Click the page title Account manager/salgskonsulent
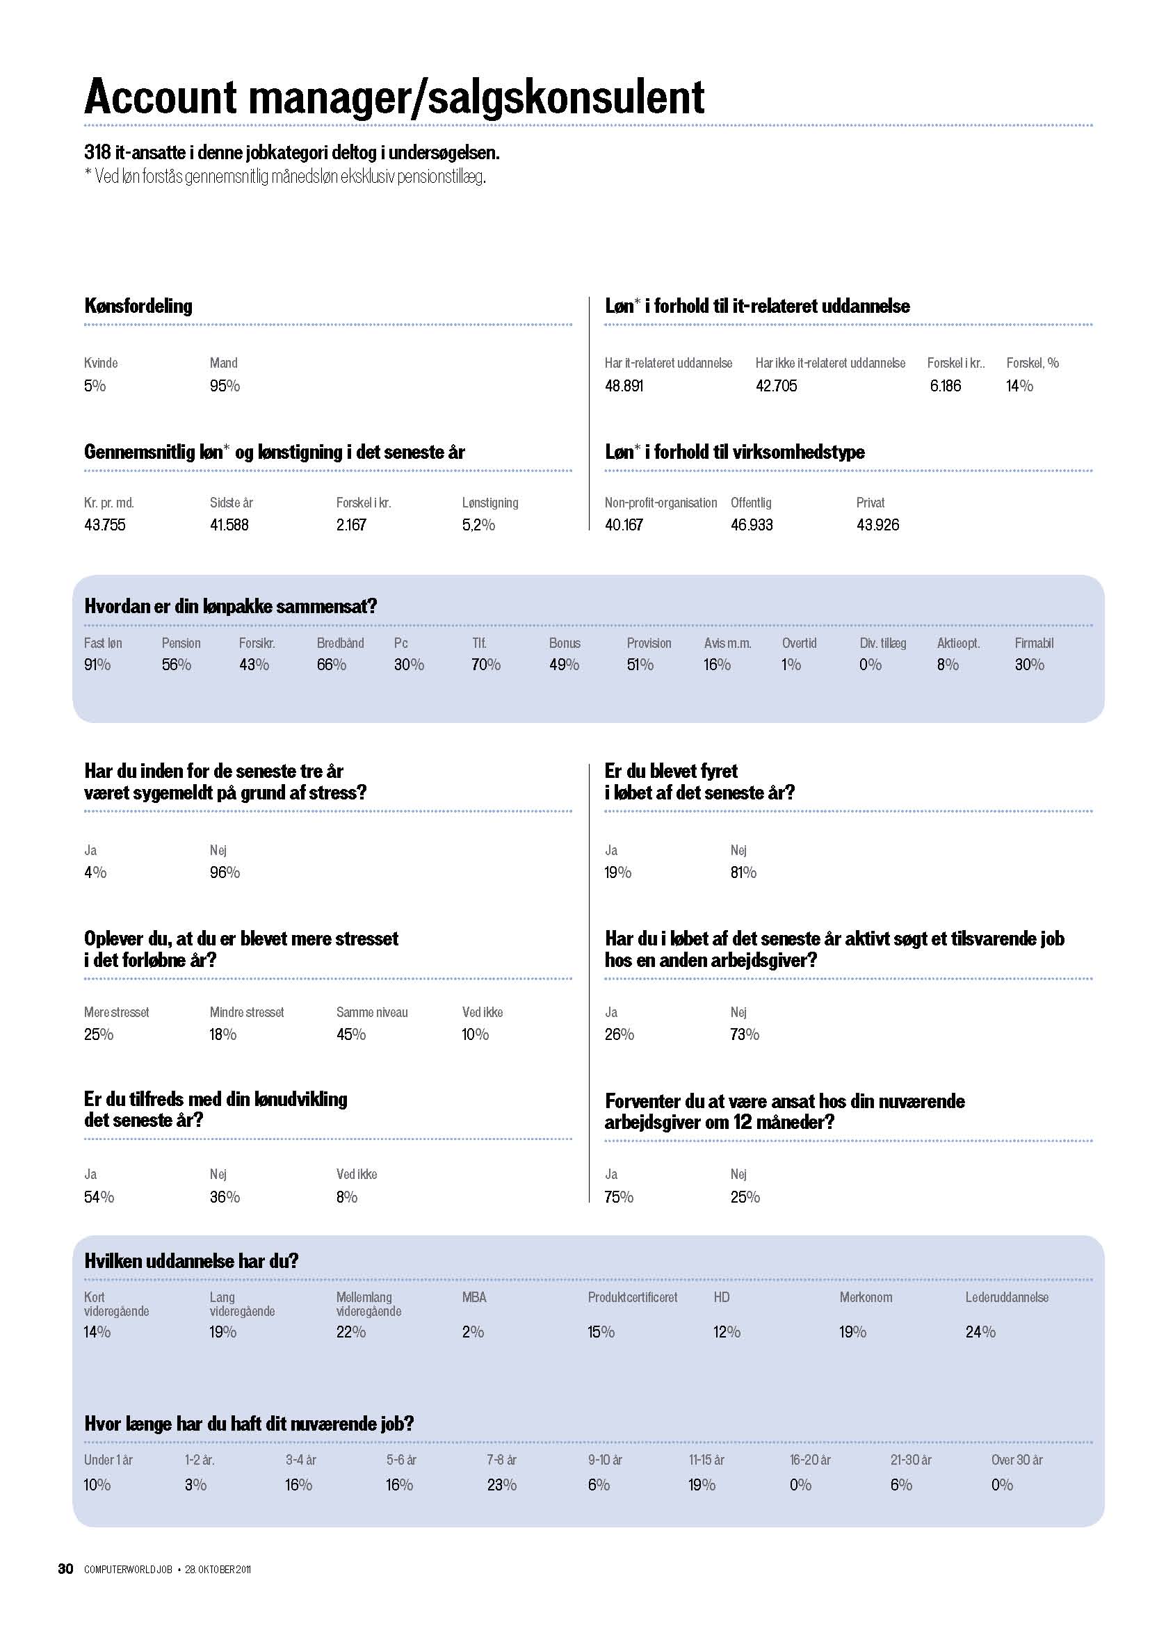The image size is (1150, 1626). tap(394, 97)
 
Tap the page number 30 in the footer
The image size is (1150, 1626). tap(65, 1568)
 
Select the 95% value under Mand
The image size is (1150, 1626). tap(225, 386)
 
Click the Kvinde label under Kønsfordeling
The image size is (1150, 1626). tap(101, 364)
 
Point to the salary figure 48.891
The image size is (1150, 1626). tap(624, 386)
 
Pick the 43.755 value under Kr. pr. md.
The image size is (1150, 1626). tap(105, 525)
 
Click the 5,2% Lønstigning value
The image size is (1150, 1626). tap(478, 525)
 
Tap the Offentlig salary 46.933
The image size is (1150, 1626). tap(752, 525)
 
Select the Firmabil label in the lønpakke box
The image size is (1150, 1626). tap(1034, 643)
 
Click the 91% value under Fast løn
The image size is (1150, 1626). tap(97, 665)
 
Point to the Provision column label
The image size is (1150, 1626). tap(649, 643)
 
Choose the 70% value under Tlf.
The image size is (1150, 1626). tap(486, 665)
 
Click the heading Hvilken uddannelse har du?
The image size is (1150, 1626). tap(191, 1261)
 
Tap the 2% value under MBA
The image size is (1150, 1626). tap(473, 1332)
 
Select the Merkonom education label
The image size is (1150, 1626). tap(866, 1297)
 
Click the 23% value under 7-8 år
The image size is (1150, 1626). tap(501, 1484)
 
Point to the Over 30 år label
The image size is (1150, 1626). tap(1017, 1460)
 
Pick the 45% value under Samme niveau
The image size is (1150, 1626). tap(350, 1034)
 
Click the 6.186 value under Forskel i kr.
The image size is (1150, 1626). tap(946, 386)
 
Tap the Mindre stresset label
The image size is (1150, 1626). tap(246, 1013)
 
